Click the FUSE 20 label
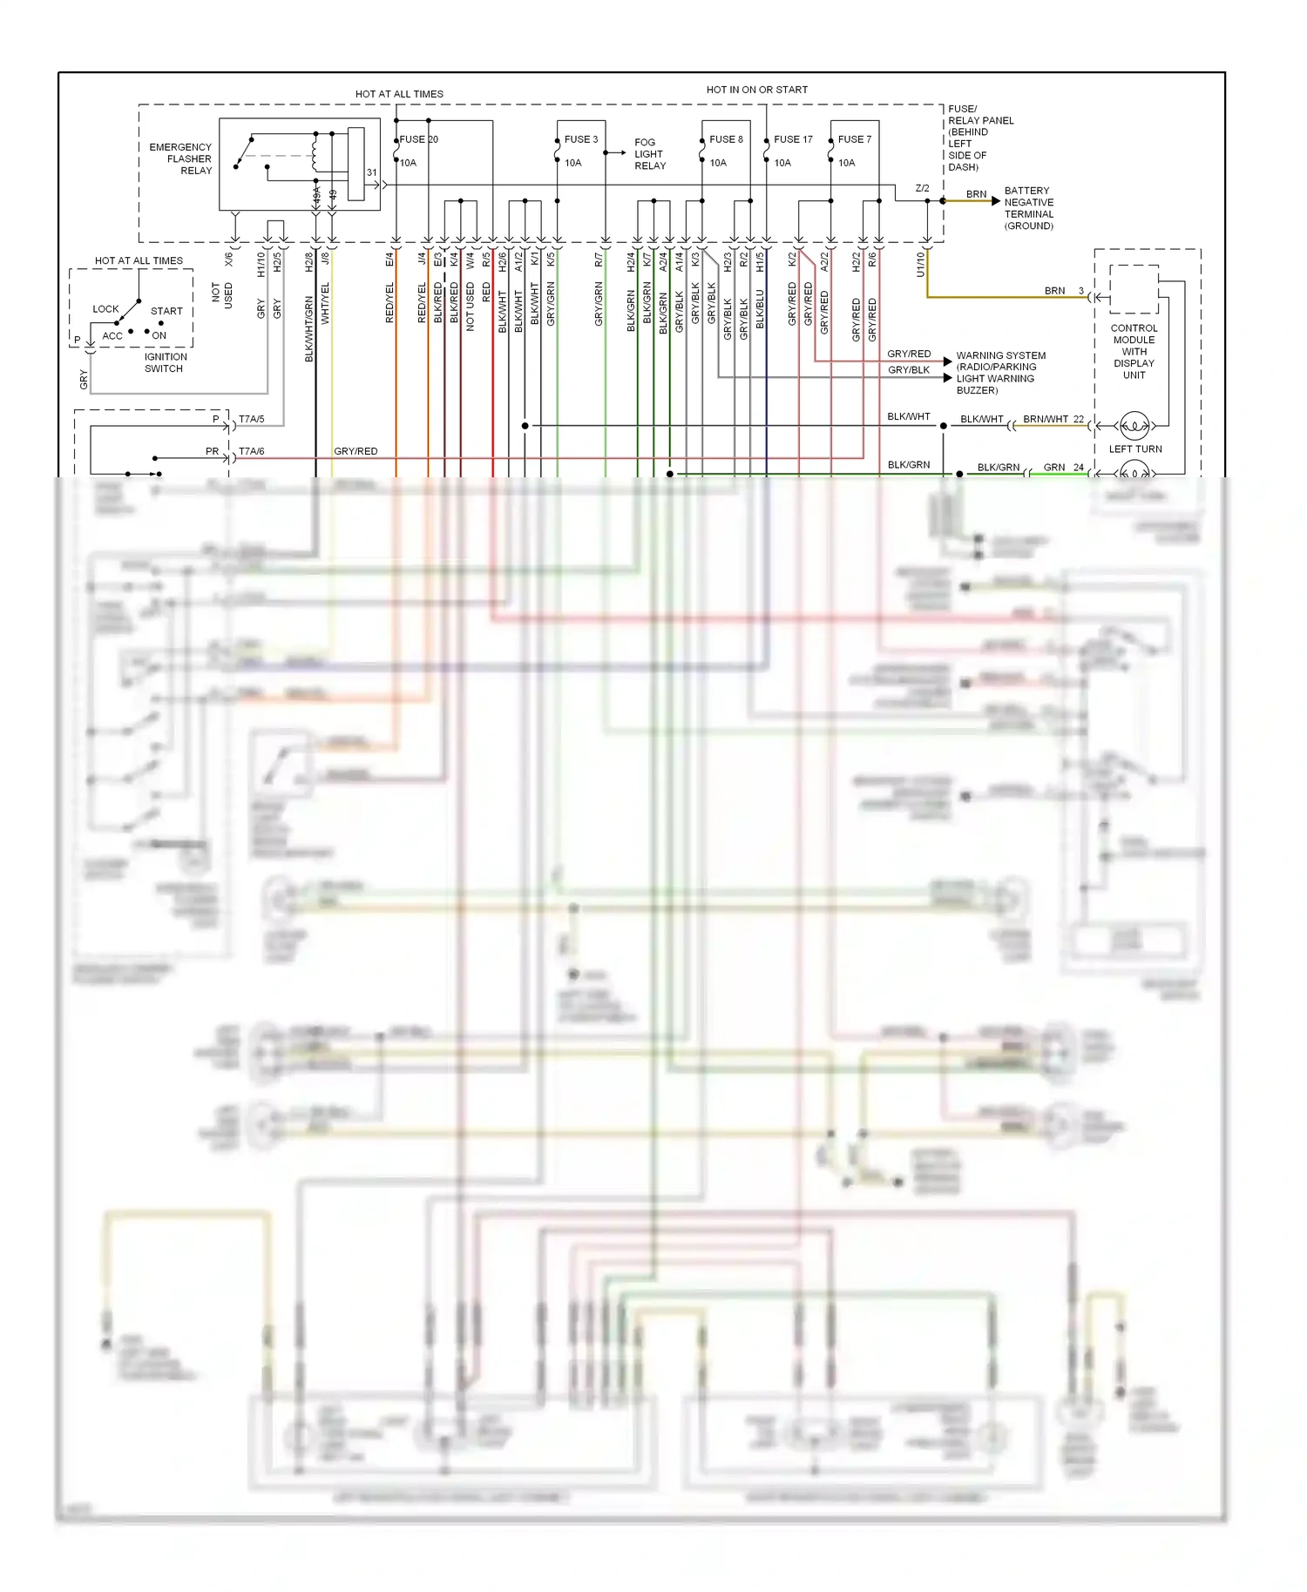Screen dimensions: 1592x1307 click(418, 139)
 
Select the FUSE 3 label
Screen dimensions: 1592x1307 click(580, 139)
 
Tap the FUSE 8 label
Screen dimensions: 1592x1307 click(726, 139)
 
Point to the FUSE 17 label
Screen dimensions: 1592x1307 click(793, 139)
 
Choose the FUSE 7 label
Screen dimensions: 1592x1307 click(854, 139)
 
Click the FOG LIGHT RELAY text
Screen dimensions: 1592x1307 click(649, 154)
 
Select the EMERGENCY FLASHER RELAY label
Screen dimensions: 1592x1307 click(180, 159)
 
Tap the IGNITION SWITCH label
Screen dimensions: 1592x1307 click(165, 362)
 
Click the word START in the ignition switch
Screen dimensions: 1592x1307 click(166, 311)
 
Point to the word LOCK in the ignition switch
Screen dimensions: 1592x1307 click(105, 309)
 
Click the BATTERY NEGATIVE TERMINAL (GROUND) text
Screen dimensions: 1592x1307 click(1028, 208)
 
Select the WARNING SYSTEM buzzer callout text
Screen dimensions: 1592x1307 click(999, 373)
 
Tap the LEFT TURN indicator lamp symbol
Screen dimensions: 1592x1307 click(1134, 426)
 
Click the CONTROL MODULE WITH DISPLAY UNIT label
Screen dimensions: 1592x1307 click(1134, 352)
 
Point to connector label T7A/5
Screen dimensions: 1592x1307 click(251, 420)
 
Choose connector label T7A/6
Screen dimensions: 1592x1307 click(251, 451)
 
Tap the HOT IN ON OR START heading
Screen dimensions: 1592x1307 click(756, 90)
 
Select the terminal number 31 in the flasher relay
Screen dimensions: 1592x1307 click(372, 172)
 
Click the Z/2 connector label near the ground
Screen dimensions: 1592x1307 click(922, 188)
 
